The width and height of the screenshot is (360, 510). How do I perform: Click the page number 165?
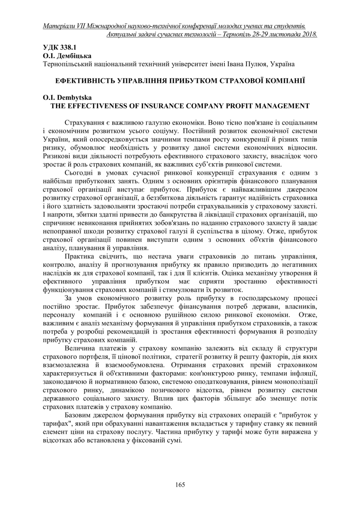click(x=180, y=484)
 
